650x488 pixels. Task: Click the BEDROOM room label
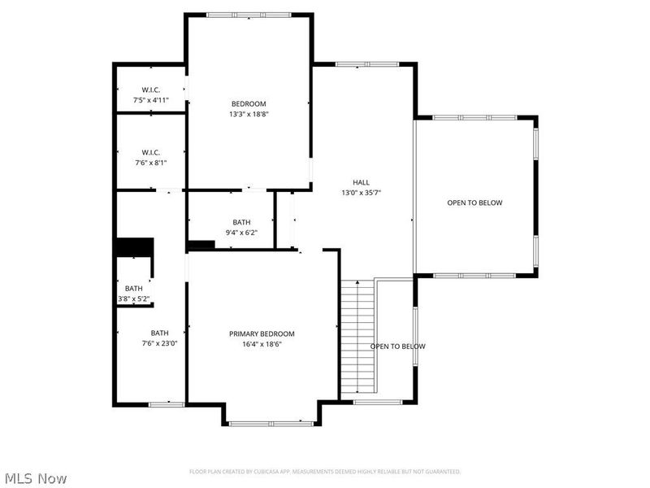[x=249, y=103]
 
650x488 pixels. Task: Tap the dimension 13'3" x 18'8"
[x=249, y=115]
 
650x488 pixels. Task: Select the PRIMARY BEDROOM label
[x=262, y=333]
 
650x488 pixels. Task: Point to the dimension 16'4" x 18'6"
[x=262, y=344]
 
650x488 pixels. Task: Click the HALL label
[x=362, y=182]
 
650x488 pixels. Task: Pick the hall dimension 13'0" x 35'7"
[x=362, y=193]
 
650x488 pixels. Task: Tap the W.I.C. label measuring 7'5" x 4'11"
[x=150, y=89]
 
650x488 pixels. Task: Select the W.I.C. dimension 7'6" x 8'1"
[x=150, y=163]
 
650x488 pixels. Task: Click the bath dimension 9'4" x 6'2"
[x=241, y=233]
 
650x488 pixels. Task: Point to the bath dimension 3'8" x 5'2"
[x=134, y=299]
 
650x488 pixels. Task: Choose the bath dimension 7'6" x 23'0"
[x=160, y=343]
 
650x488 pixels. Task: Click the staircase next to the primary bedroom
[x=357, y=338]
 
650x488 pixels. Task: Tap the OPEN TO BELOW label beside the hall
[x=474, y=203]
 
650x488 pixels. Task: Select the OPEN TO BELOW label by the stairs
[x=398, y=346]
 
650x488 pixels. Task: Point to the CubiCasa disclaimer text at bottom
[x=325, y=472]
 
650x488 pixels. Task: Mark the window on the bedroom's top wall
[x=248, y=15]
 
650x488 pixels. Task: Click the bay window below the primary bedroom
[x=271, y=423]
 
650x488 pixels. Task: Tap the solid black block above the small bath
[x=134, y=247]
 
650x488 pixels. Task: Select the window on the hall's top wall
[x=364, y=63]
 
